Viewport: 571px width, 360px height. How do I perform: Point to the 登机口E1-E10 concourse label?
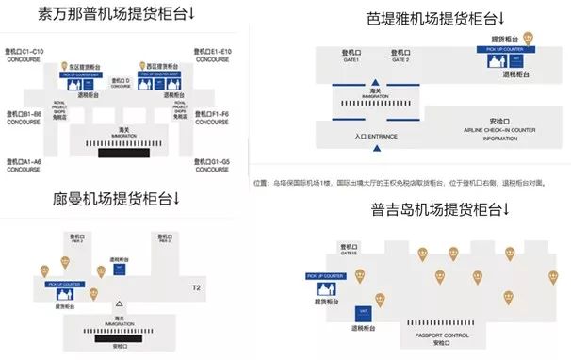tap(213, 52)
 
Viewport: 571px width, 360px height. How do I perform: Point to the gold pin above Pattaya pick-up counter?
tap(530, 37)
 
